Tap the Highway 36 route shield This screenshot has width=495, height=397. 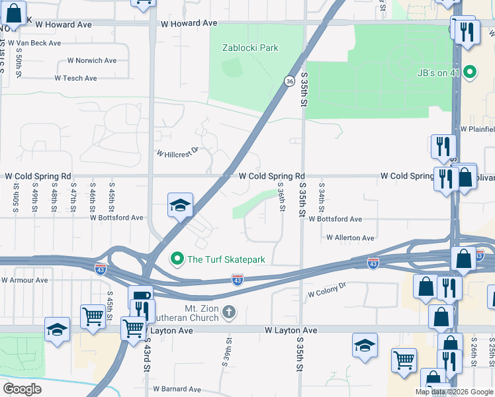(x=289, y=81)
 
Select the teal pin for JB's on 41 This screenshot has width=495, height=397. (x=471, y=72)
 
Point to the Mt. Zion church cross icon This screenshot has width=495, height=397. (x=229, y=311)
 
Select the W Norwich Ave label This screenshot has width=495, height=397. (x=92, y=60)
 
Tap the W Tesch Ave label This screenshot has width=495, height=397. (x=77, y=77)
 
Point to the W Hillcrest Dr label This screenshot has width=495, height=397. (x=177, y=153)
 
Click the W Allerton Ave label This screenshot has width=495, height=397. (x=350, y=238)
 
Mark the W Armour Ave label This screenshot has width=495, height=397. (x=24, y=280)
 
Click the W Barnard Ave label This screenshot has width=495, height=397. (x=177, y=389)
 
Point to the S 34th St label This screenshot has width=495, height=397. (x=322, y=198)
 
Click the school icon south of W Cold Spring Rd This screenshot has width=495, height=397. (x=180, y=205)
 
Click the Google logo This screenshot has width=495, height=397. (x=22, y=389)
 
